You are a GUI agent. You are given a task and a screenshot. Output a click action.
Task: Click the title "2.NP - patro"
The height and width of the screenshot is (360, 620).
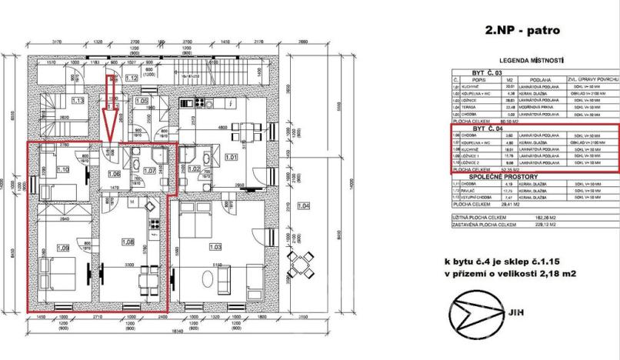(x=522, y=32)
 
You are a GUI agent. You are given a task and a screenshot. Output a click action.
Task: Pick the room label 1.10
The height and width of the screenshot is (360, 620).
(x=63, y=169)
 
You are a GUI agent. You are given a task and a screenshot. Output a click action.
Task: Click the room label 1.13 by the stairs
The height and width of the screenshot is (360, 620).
(x=77, y=100)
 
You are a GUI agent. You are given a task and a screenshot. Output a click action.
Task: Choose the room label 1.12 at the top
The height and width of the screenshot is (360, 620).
(x=131, y=78)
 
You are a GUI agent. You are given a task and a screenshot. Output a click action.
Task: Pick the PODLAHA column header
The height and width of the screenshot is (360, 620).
(x=532, y=79)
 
